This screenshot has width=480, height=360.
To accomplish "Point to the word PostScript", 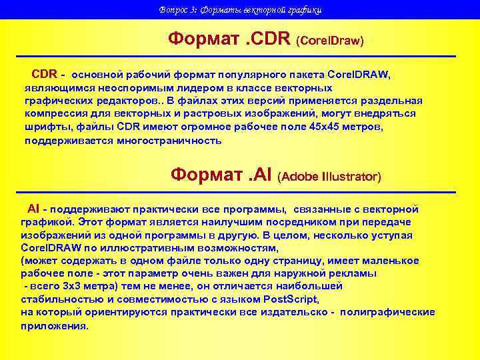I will click(x=291, y=299).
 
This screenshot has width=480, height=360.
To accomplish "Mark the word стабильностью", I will click(x=57, y=299).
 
